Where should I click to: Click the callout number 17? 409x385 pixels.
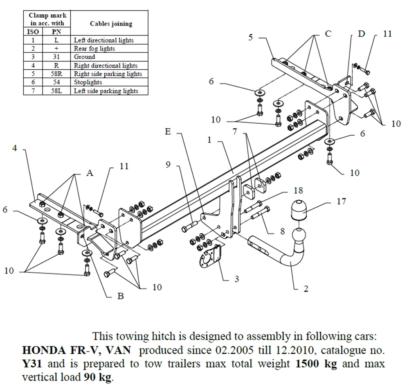(341, 201)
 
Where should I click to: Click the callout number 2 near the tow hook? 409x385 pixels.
(306, 289)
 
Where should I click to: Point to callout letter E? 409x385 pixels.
(167, 132)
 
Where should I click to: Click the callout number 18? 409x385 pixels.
(298, 190)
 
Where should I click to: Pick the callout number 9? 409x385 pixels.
(168, 165)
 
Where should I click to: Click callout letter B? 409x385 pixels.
(120, 296)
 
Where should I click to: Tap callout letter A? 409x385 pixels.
(90, 173)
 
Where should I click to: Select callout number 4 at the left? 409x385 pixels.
(15, 148)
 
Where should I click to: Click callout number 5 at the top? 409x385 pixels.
(251, 37)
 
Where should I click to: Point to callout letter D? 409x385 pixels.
(361, 34)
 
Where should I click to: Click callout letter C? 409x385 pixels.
(328, 34)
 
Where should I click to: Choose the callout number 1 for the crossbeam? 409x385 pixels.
(209, 140)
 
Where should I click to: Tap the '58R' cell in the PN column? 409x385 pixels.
(56, 74)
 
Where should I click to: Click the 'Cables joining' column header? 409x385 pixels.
(111, 24)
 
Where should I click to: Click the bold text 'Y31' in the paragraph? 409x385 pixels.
(31, 363)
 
